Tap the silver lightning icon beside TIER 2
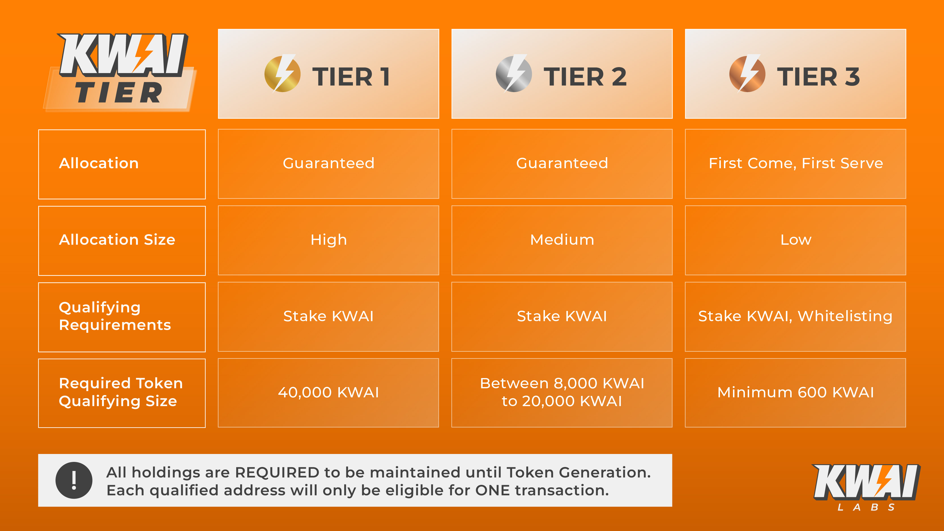click(x=513, y=73)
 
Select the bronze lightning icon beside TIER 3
click(x=747, y=73)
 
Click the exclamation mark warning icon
click(x=74, y=480)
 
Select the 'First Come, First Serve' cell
click(x=796, y=164)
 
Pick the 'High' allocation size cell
click(x=328, y=240)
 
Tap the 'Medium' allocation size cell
click(x=562, y=240)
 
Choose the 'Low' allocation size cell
click(x=796, y=240)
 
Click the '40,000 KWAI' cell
click(x=328, y=393)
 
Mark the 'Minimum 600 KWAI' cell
click(x=796, y=393)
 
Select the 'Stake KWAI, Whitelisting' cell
click(x=796, y=317)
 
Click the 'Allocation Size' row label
click(x=122, y=241)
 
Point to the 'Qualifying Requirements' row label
click(x=122, y=317)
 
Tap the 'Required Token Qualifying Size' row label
click(x=122, y=393)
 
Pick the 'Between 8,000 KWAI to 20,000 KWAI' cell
click(x=562, y=393)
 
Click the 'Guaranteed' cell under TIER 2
click(x=562, y=164)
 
